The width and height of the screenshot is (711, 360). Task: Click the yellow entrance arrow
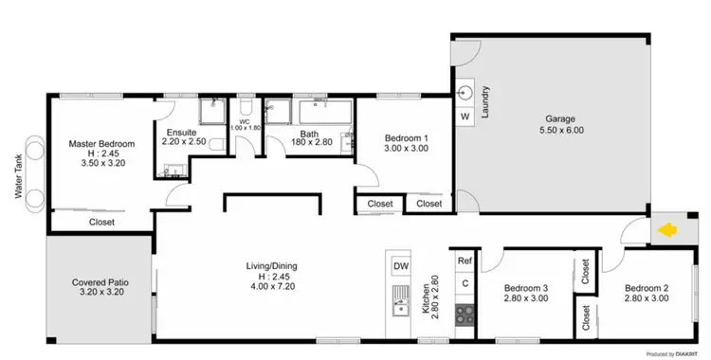pyautogui.click(x=667, y=230)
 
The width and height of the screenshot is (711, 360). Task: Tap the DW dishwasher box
pyautogui.click(x=401, y=266)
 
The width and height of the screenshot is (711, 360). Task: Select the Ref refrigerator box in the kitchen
pyautogui.click(x=465, y=261)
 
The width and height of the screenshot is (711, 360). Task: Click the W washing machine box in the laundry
pyautogui.click(x=465, y=116)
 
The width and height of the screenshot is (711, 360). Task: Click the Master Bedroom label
pyautogui.click(x=101, y=144)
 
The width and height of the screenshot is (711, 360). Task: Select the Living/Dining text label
pyautogui.click(x=273, y=265)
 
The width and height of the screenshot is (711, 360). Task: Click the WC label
pyautogui.click(x=243, y=121)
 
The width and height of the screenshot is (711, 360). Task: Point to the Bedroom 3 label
pyautogui.click(x=526, y=288)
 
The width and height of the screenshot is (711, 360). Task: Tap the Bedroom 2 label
pyautogui.click(x=648, y=288)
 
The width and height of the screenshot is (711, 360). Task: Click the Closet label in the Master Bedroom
pyautogui.click(x=101, y=222)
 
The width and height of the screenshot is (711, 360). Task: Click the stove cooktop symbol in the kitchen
pyautogui.click(x=465, y=312)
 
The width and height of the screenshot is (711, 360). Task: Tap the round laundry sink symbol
pyautogui.click(x=465, y=93)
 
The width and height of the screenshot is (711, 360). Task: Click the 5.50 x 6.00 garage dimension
pyautogui.click(x=561, y=130)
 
